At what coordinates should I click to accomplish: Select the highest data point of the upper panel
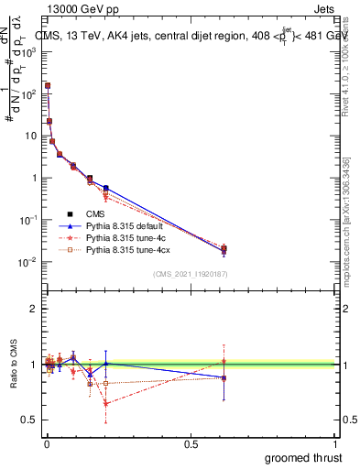[48, 86]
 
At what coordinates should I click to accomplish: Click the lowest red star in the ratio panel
[106, 403]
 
